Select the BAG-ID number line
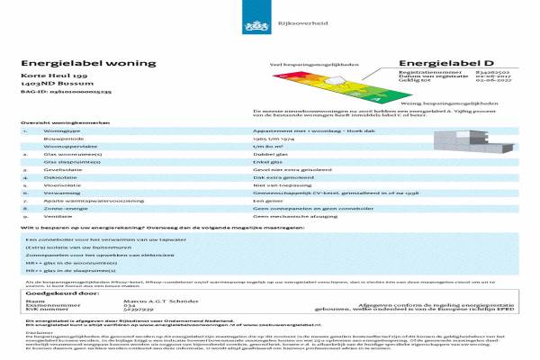pyautogui.click(x=55, y=93)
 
